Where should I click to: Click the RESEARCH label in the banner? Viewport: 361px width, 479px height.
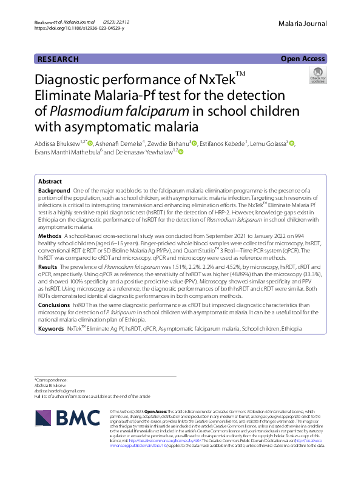tap(58, 59)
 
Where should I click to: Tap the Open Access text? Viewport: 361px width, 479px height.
tap(303, 59)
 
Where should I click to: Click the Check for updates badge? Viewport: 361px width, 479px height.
tap(317, 76)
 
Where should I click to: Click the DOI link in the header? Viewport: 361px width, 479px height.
tap(79, 28)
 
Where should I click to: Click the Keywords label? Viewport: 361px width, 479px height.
tap(51, 328)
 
